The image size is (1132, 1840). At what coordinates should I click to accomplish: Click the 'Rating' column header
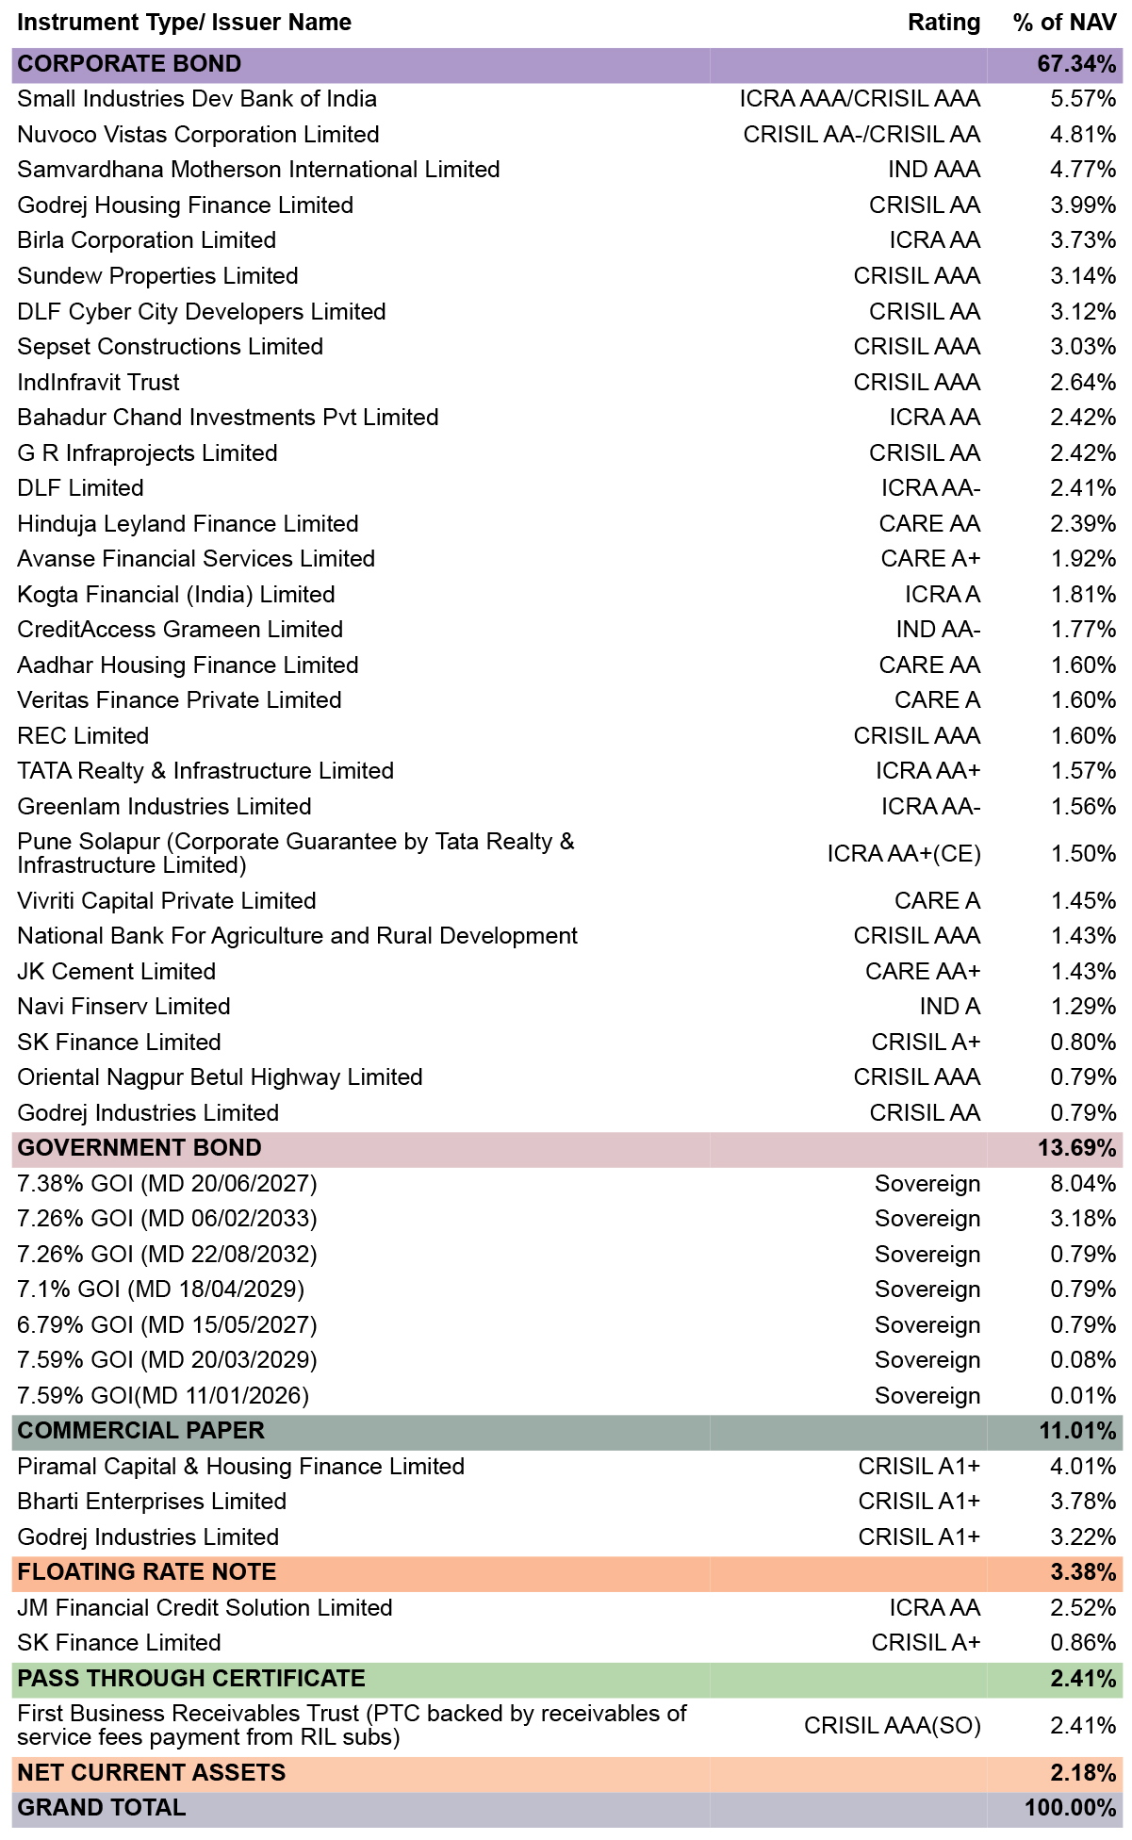coord(943,23)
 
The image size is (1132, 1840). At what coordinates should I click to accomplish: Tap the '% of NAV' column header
coord(1065,23)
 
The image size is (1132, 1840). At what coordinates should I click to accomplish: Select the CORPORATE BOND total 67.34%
coord(1077,64)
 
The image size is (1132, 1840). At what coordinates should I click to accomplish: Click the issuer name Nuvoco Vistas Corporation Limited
coord(198,135)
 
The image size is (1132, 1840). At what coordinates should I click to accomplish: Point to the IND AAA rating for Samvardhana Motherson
coord(934,170)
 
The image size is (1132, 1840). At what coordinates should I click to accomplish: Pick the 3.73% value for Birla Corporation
coord(1084,240)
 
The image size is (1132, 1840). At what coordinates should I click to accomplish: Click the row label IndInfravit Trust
coord(98,383)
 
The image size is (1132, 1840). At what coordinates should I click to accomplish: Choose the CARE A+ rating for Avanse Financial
coord(930,559)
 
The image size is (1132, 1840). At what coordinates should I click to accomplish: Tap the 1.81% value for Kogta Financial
coord(1084,595)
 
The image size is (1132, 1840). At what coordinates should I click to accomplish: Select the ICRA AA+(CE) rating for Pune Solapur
coord(904,854)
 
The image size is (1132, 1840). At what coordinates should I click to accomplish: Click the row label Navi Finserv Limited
coord(123,1007)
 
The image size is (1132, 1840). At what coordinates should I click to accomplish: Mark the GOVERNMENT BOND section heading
coord(139,1148)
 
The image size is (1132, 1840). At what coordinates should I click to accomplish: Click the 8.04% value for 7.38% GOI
coord(1084,1184)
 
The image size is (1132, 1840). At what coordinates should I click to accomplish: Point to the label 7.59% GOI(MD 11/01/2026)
coord(163,1396)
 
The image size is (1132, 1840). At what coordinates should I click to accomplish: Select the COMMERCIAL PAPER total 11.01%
coord(1078,1431)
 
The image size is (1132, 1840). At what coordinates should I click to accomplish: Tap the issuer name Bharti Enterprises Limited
coord(152,1502)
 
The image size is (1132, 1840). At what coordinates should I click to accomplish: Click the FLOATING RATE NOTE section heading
coord(147,1572)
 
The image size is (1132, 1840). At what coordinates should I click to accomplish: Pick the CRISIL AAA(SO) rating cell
coord(893,1726)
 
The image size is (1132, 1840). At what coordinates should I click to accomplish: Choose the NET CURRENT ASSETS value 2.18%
coord(1084,1773)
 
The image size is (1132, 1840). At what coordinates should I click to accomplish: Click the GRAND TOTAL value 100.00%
coord(1071,1808)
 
